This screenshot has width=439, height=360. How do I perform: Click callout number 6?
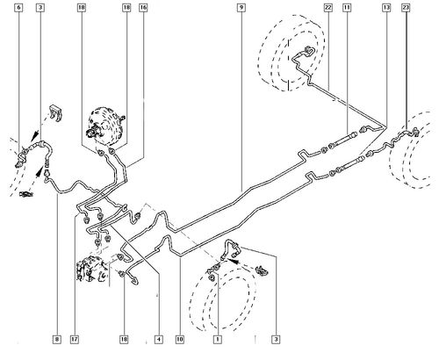coord(19,7)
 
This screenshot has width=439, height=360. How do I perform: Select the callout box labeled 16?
coord(143,7)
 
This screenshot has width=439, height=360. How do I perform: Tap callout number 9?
coord(241,7)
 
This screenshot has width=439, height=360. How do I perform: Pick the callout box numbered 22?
coord(328,7)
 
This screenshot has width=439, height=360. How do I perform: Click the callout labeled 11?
coord(347,7)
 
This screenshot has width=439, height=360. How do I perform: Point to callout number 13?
coord(386,7)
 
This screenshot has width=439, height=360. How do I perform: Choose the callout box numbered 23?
coord(406,7)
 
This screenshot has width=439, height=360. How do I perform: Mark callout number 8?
coord(57,340)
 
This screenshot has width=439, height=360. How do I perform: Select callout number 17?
coord(75,340)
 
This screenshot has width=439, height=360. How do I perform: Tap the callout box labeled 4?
coord(158,340)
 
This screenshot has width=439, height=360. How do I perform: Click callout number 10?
coord(180,340)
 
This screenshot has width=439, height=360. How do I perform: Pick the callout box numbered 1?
coord(218,340)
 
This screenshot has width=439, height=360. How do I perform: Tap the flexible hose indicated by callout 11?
coord(344,140)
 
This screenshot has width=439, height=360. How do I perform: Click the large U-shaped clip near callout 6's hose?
coord(55,112)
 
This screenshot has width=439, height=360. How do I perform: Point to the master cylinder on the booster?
coord(93,131)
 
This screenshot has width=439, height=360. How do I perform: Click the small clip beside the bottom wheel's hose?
coord(262,270)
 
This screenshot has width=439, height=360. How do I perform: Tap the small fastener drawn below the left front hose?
coord(25,193)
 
